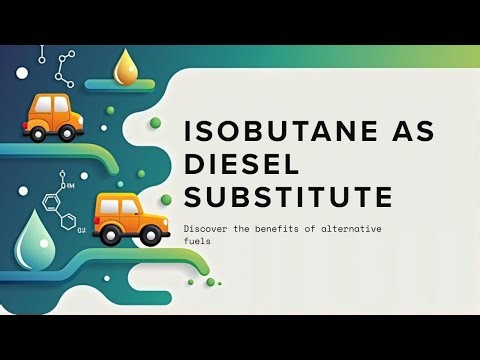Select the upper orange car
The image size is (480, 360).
(x=51, y=116)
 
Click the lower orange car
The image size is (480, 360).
(x=129, y=218)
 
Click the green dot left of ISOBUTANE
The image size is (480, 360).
(x=155, y=123)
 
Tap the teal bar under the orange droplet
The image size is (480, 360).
(x=120, y=86)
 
